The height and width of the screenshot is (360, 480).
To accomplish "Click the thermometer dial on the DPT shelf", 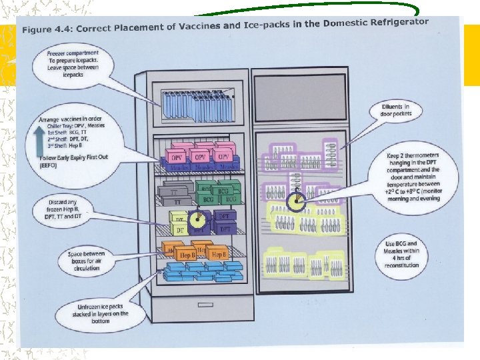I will click(x=196, y=221).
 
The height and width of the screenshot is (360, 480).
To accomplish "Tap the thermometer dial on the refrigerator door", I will click(x=295, y=202).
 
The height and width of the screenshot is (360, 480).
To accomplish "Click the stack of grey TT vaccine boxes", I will click(x=175, y=193).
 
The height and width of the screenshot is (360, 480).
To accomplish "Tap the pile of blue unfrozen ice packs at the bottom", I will click(x=203, y=272).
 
